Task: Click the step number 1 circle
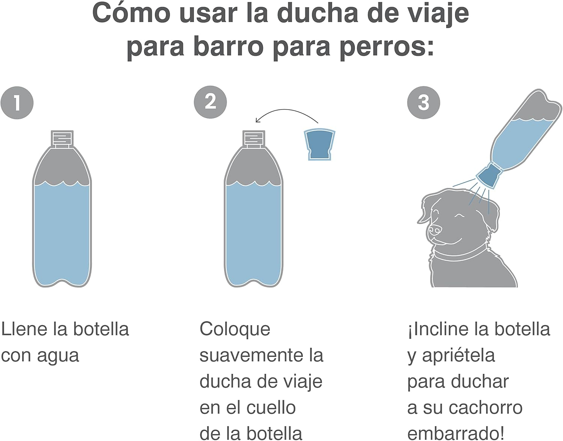pyautogui.click(x=17, y=103)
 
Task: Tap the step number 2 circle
pyautogui.click(x=210, y=102)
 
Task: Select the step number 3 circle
pyautogui.click(x=423, y=102)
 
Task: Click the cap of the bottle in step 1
pyautogui.click(x=62, y=138)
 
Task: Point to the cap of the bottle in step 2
pyautogui.click(x=254, y=138)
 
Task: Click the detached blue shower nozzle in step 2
pyautogui.click(x=319, y=144)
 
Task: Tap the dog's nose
pyautogui.click(x=435, y=229)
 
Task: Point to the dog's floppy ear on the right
pyautogui.click(x=492, y=214)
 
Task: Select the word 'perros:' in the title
pyautogui.click(x=387, y=47)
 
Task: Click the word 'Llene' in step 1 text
pyautogui.click(x=24, y=329)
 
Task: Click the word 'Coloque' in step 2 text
pyautogui.click(x=235, y=329)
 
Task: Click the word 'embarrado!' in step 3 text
pyautogui.click(x=456, y=433)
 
